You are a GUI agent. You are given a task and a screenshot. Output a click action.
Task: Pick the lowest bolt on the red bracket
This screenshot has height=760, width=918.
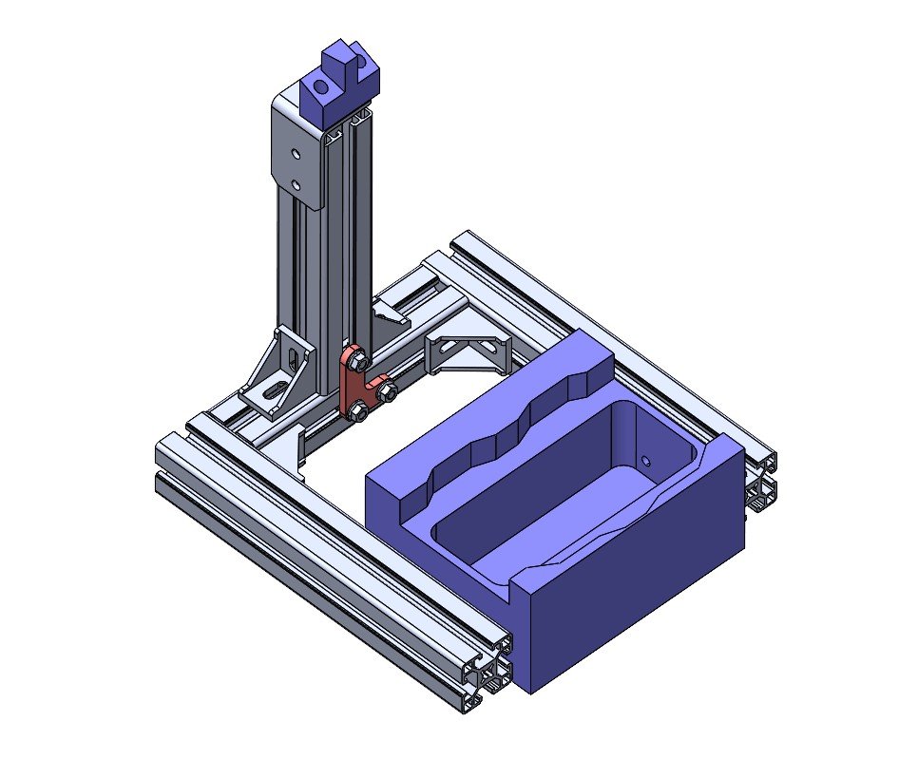click(359, 411)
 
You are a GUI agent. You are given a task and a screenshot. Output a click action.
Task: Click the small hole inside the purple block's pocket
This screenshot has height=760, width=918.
click(646, 460)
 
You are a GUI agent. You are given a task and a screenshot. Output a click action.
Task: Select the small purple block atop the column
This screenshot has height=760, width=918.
click(339, 85)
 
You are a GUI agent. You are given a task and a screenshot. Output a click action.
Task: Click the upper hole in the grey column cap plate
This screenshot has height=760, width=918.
click(297, 152)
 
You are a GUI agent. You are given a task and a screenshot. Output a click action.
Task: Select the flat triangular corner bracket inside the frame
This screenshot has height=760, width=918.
click(469, 352)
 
